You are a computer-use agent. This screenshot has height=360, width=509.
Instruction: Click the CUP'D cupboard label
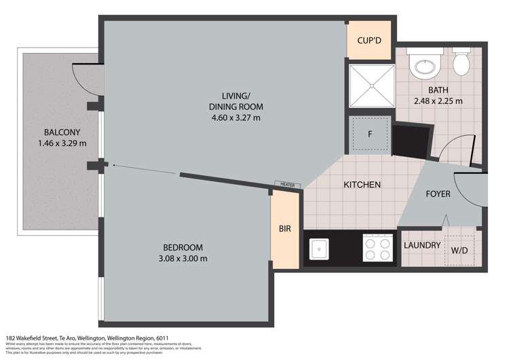pyautogui.click(x=369, y=41)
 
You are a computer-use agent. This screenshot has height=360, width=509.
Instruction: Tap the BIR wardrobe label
pyautogui.click(x=284, y=229)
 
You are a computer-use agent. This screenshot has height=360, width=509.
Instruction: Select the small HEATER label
pyautogui.click(x=284, y=184)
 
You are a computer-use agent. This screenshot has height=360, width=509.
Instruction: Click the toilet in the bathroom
pyautogui.click(x=461, y=63)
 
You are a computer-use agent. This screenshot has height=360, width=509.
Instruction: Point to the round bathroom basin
pyautogui.click(x=426, y=65)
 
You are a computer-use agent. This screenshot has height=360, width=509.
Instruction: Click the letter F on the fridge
pyautogui.click(x=370, y=134)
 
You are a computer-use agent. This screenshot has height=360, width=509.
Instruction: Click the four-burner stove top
pyautogui.click(x=377, y=249)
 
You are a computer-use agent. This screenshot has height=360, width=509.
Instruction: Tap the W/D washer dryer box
pyautogui.click(x=459, y=250)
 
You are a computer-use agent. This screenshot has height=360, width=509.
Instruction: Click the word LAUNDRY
pyautogui.click(x=422, y=245)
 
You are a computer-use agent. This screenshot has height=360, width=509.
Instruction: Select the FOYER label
pyautogui.click(x=438, y=194)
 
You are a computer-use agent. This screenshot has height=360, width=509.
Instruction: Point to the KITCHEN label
pyautogui.click(x=361, y=185)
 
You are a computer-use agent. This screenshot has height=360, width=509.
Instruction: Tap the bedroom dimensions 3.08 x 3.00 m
pyautogui.click(x=183, y=258)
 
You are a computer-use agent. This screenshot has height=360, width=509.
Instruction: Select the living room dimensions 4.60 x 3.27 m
pyautogui.click(x=236, y=118)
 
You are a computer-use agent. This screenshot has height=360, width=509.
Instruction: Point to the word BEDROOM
pyautogui.click(x=183, y=247)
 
